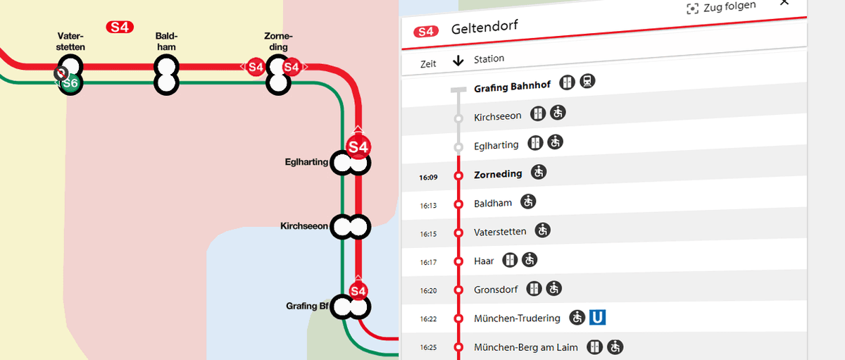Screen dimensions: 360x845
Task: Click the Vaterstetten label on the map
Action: click(71, 42)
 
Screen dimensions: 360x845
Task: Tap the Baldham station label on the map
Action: click(166, 42)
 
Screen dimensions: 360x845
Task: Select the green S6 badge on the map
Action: click(70, 84)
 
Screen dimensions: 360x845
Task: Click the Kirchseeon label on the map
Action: click(304, 226)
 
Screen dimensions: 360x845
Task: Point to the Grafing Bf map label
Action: click(308, 306)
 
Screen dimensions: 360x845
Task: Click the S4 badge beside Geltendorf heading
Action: click(426, 31)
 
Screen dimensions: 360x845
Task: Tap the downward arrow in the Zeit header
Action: click(458, 61)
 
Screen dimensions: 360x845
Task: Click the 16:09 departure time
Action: click(429, 177)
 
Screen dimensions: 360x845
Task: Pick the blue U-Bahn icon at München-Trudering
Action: click(598, 317)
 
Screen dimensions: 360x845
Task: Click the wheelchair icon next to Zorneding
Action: click(539, 171)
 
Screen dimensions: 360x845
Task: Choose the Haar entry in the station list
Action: click(484, 261)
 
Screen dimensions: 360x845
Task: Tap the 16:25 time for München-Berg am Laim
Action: click(429, 347)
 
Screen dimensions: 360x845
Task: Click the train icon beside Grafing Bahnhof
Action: click(587, 82)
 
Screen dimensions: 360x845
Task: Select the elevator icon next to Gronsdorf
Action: click(536, 289)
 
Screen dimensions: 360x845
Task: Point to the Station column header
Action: click(489, 58)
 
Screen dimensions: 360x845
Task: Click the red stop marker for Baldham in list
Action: click(458, 204)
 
